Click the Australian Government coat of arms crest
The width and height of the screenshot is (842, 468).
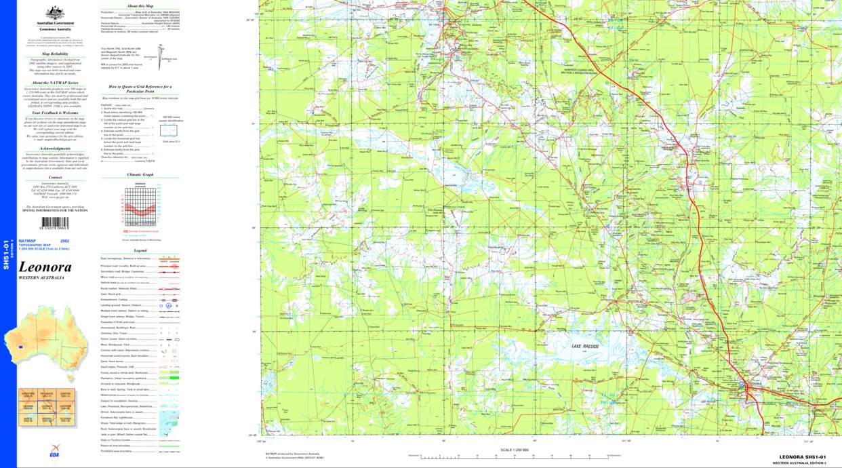click(55, 12)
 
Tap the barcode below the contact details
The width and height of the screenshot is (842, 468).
click(60, 222)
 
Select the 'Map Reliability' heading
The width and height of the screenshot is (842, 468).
click(55, 53)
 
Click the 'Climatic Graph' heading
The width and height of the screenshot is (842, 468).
click(140, 174)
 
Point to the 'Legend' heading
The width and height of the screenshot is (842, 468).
click(140, 250)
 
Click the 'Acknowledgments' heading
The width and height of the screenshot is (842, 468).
click(55, 149)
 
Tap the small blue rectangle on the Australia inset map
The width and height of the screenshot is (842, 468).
click(21, 347)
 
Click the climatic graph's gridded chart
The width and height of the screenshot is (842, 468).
click(140, 207)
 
